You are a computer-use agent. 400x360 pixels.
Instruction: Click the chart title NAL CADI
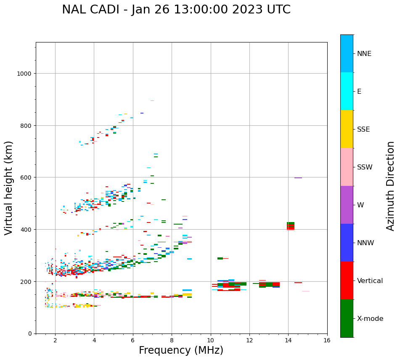click(176, 10)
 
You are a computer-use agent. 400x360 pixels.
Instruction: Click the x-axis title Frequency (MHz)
click(181, 350)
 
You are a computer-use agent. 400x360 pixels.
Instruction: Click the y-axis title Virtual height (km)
click(9, 188)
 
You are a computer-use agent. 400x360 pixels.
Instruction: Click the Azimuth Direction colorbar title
click(391, 186)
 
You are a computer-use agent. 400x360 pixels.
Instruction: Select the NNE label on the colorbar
click(364, 53)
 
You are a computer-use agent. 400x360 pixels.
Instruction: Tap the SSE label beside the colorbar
click(363, 129)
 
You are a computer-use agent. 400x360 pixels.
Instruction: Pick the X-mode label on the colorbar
click(370, 318)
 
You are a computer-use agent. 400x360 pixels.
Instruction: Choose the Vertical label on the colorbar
click(370, 281)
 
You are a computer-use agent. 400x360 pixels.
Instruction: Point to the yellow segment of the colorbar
click(347, 129)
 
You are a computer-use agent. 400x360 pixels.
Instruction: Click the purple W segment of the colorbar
click(347, 205)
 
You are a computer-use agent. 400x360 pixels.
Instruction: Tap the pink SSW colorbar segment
click(347, 167)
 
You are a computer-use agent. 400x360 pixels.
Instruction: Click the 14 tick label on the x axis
click(288, 341)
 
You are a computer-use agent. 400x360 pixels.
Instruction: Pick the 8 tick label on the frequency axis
click(172, 341)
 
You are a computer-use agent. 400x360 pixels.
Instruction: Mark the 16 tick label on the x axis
click(327, 341)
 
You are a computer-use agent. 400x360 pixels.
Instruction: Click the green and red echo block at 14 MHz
click(290, 226)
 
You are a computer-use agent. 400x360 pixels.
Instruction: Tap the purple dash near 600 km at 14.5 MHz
click(298, 178)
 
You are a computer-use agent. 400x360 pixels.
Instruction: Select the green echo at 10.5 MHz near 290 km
click(220, 258)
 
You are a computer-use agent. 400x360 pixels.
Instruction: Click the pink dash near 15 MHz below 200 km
click(306, 291)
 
